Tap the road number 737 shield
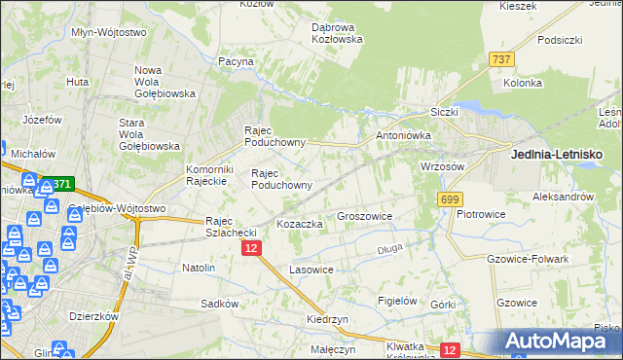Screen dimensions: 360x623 pos(502,59)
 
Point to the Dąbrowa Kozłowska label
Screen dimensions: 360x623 pos(337,33)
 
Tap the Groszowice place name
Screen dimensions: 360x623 pos(364,216)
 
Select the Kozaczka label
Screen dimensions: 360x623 pos(300,224)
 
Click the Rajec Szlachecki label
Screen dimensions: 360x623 pos(231,227)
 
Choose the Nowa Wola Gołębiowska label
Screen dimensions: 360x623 pos(165,82)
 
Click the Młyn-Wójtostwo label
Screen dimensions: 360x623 pos(109,32)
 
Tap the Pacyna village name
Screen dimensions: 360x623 pos(237,61)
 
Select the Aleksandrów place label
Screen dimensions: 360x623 pos(564,196)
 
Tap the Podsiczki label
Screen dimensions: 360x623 pos(559,40)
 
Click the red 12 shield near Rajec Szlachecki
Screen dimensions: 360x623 pos(251,249)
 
